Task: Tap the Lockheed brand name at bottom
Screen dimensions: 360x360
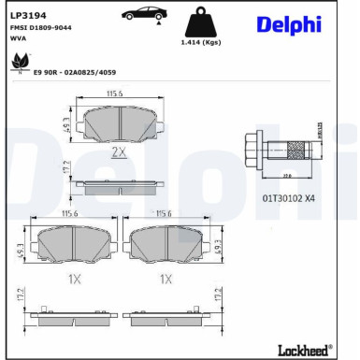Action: pyautogui.click(x=304, y=349)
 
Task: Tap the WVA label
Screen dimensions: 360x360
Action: pyautogui.click(x=19, y=39)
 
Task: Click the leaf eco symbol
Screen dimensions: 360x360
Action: pyautogui.click(x=19, y=63)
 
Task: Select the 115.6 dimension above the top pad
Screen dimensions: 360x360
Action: pyautogui.click(x=115, y=93)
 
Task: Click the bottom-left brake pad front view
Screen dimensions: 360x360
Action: pyautogui.click(x=68, y=247)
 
